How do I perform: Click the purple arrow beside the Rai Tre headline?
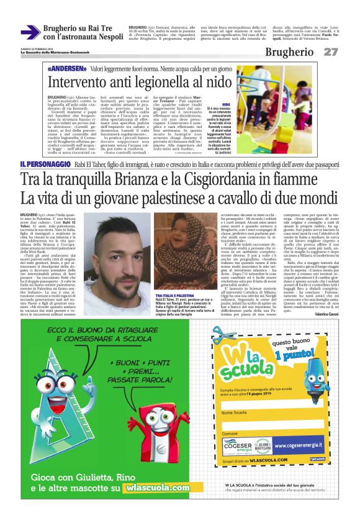[x=30, y=33]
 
